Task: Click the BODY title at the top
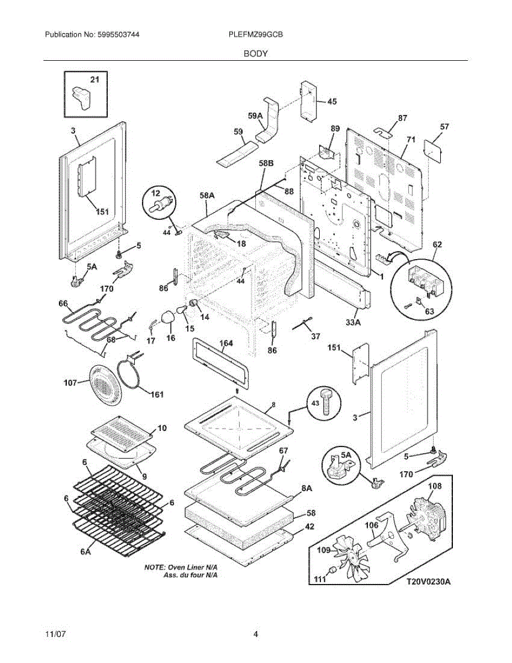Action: pos(256,54)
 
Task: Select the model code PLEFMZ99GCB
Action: pos(256,35)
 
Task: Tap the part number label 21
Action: pos(95,80)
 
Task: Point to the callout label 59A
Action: pos(255,116)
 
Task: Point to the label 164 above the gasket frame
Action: pos(226,344)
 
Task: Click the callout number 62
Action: pos(437,244)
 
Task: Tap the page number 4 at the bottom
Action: pos(256,634)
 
